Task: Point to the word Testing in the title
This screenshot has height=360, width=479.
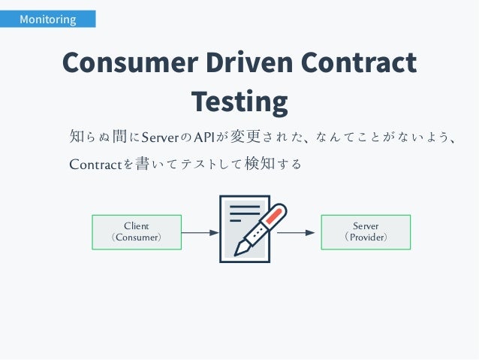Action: pos(239,101)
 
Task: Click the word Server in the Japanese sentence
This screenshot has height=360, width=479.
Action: pos(158,138)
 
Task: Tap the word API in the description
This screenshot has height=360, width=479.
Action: pos(203,138)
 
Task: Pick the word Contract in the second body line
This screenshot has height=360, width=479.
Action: pos(95,164)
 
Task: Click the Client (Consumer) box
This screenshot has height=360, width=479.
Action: pos(136,231)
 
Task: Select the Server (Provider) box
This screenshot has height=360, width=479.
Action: pos(366,231)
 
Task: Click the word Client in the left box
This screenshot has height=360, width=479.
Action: pos(136,225)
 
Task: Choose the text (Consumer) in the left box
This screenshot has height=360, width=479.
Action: pos(136,237)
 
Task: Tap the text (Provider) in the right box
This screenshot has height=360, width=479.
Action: pos(366,237)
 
